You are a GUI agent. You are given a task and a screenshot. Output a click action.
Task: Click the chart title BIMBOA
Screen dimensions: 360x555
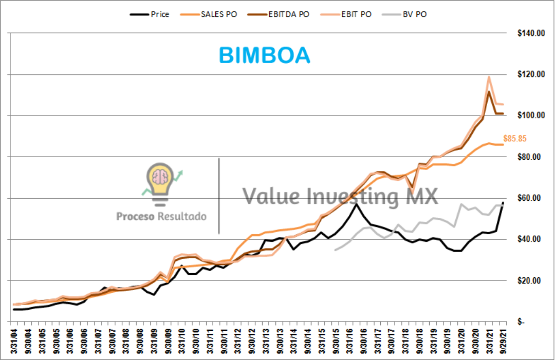(264, 55)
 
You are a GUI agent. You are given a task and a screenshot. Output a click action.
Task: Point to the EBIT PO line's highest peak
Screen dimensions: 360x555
(488, 77)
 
